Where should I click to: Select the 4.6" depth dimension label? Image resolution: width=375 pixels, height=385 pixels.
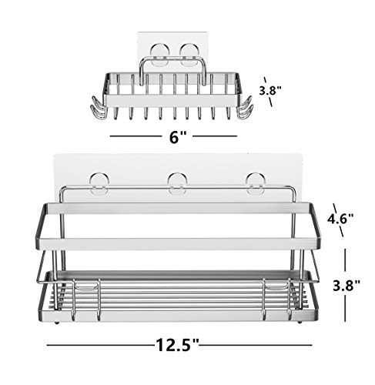tap(340, 218)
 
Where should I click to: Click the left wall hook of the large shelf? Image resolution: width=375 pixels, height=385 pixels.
tap(99, 182)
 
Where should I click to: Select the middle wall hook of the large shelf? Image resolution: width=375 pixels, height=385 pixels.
tap(176, 182)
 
